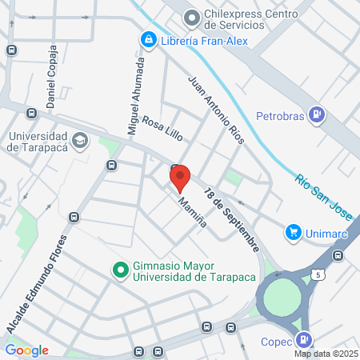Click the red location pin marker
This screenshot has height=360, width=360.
[x=180, y=177]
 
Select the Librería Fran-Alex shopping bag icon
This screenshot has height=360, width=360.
[x=148, y=39]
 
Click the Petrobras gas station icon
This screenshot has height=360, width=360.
[x=318, y=115]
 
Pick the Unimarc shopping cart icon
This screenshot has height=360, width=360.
[x=294, y=233]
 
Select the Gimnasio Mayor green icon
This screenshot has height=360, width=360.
[x=120, y=270]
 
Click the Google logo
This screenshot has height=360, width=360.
[x=26, y=350]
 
